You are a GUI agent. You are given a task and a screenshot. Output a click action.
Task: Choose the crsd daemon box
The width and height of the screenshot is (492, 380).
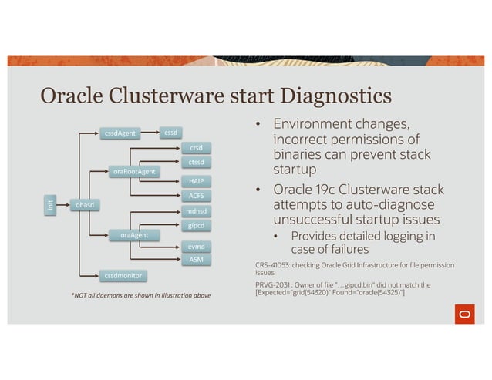click(196, 147)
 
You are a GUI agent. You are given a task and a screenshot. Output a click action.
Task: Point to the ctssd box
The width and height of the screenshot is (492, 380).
click(196, 163)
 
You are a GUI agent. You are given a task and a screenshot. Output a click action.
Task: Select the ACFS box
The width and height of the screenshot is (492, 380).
click(196, 197)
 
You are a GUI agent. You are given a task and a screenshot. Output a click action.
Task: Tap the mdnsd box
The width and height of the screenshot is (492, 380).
click(196, 210)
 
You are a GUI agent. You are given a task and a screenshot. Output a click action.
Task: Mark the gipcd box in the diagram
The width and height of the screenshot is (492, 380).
click(196, 226)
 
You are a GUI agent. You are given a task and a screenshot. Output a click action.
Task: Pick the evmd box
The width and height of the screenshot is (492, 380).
click(196, 247)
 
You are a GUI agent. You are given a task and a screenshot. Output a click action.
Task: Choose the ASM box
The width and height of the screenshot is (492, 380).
click(196, 261)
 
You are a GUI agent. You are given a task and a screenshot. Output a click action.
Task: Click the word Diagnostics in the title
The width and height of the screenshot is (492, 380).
click(315, 98)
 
